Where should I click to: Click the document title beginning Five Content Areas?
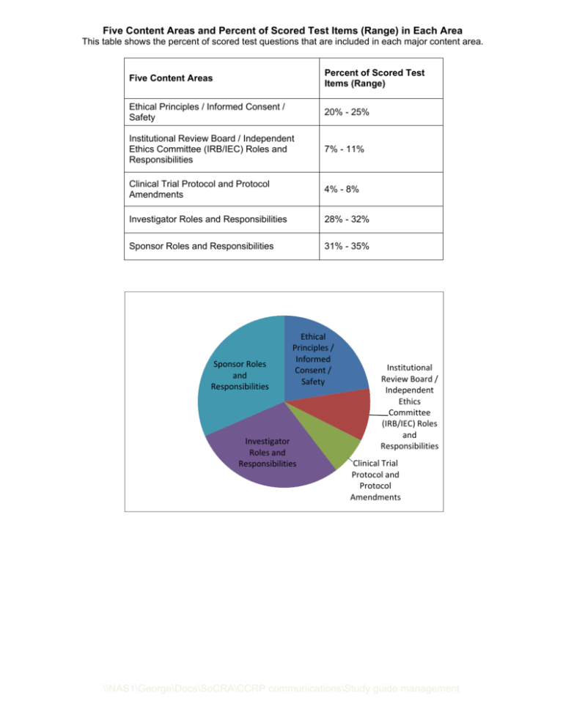click(281, 10)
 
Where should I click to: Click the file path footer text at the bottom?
click(281, 709)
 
